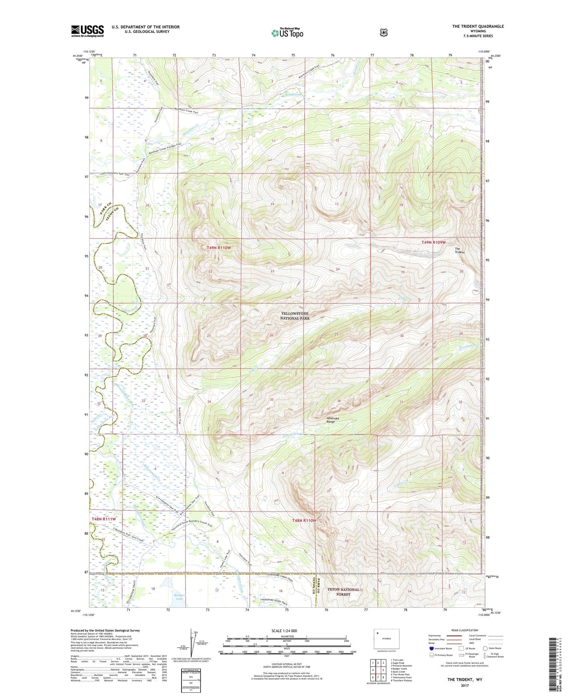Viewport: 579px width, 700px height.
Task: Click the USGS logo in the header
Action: [87, 31]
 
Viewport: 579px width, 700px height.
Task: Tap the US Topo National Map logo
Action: [287, 33]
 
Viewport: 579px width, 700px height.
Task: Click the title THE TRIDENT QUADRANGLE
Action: [478, 26]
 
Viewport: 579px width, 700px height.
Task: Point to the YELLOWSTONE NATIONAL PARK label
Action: [295, 316]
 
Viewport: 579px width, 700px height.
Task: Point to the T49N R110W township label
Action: [219, 248]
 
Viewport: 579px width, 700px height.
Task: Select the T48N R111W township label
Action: [104, 519]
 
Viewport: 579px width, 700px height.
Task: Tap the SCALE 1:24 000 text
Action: [284, 631]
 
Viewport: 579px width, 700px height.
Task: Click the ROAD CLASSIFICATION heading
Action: [464, 630]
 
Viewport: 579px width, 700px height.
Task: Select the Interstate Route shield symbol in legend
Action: [431, 648]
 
